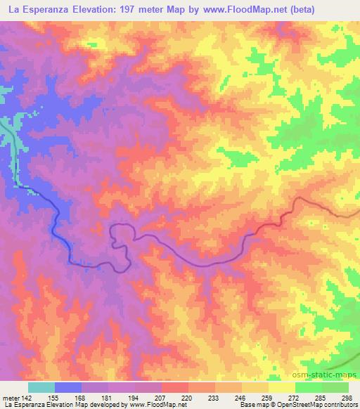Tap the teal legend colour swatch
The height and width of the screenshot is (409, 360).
coord(41,387)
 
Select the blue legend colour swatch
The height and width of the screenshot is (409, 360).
coord(67,387)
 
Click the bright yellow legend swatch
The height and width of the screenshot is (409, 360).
coord(282,387)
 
